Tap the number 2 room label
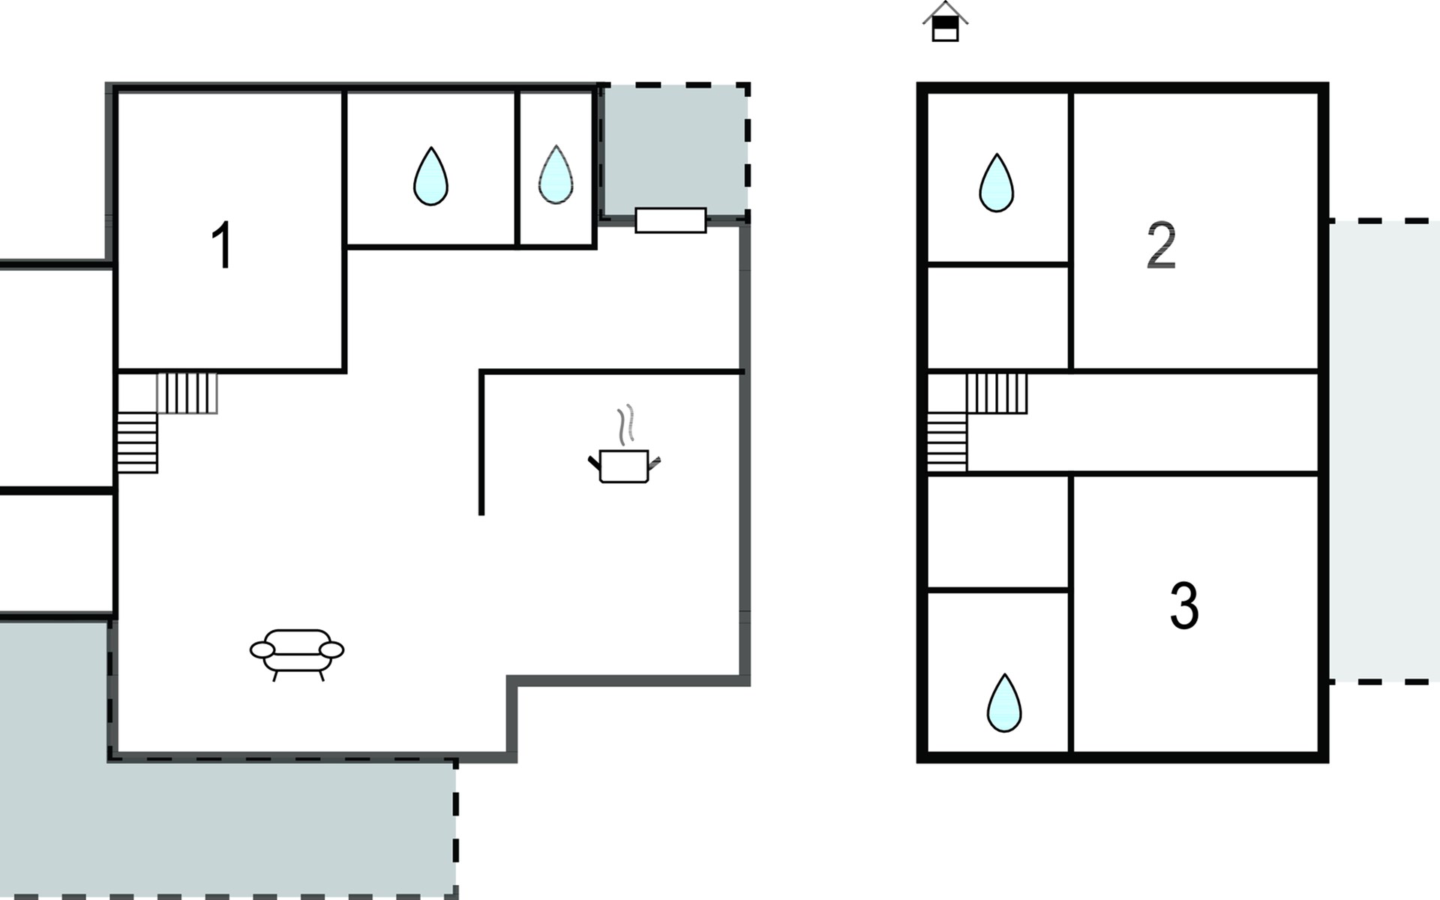pos(1161,245)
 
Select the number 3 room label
pos(1184,605)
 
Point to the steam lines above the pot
pos(625,424)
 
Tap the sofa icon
pos(297,655)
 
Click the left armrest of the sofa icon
pos(262,650)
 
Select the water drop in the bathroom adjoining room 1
pos(430,176)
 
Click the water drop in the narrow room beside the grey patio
pos(556,175)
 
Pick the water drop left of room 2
pos(997,183)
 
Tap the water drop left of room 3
pos(1004,703)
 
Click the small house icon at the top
pos(945,21)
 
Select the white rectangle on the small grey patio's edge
pos(670,220)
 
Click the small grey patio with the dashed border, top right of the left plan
pos(675,150)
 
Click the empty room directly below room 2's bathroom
pos(997,317)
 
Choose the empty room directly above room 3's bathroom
pos(997,532)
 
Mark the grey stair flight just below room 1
pos(187,393)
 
